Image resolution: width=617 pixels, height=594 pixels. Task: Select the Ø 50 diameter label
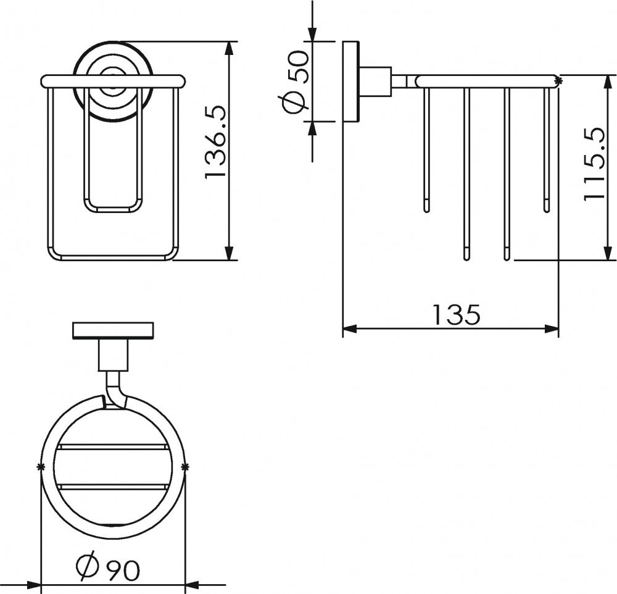pyautogui.click(x=296, y=82)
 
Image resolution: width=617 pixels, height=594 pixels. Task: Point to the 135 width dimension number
pyautogui.click(x=456, y=314)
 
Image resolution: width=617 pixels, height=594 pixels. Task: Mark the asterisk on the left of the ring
pyautogui.click(x=39, y=467)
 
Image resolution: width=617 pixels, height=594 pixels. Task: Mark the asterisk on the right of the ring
pyautogui.click(x=186, y=467)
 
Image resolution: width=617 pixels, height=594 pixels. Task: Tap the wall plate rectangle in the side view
pyautogui.click(x=350, y=81)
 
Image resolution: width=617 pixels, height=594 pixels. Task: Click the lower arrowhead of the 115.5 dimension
pyautogui.click(x=608, y=253)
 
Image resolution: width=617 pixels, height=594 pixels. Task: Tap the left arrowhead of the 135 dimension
pyautogui.click(x=350, y=328)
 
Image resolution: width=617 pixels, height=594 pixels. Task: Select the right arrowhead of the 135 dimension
pyautogui.click(x=551, y=328)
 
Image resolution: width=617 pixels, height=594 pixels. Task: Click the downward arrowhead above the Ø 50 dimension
pyautogui.click(x=312, y=34)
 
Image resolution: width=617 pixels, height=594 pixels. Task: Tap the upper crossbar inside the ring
pyautogui.click(x=112, y=447)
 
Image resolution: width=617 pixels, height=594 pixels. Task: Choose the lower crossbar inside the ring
pyautogui.click(x=112, y=487)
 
